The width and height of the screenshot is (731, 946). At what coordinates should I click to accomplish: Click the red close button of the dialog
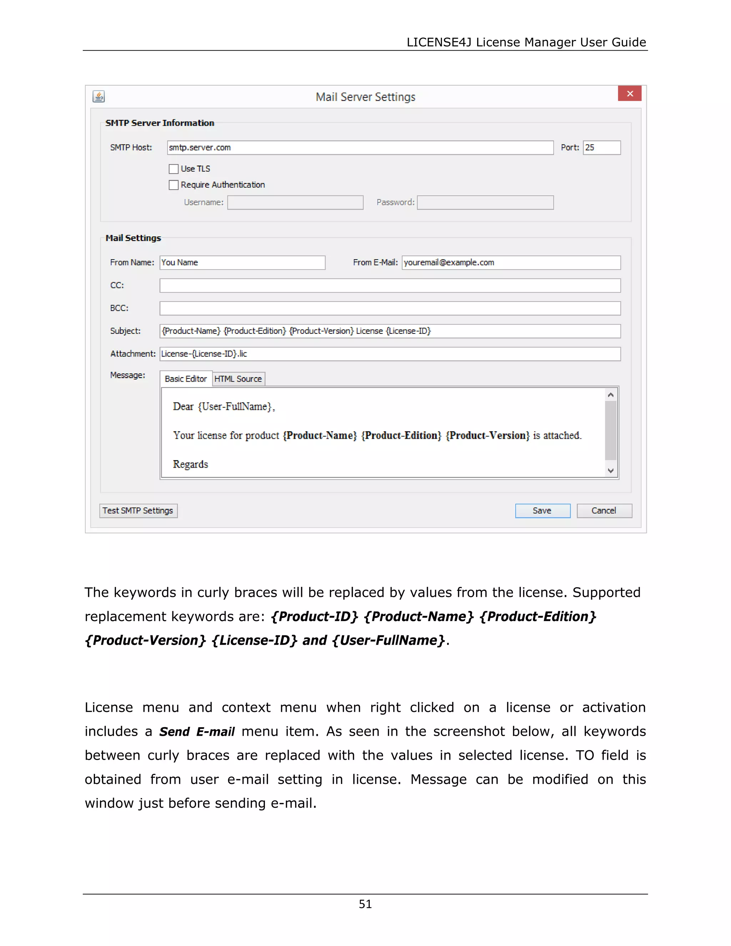(x=629, y=94)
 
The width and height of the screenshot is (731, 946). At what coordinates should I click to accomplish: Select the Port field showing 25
(x=601, y=148)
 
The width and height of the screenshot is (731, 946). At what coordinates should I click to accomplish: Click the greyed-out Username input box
(x=295, y=203)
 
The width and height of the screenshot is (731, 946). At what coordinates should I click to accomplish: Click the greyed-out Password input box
(x=485, y=203)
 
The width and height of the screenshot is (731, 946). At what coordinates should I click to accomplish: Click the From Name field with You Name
(x=242, y=262)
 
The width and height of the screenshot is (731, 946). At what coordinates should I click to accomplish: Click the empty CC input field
(x=390, y=286)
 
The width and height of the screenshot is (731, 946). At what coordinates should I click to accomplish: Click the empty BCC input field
(x=390, y=308)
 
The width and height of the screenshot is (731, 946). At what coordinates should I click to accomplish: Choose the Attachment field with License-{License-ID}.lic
(x=390, y=354)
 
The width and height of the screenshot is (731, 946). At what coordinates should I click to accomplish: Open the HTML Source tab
(x=238, y=379)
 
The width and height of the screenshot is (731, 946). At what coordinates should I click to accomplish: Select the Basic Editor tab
(x=186, y=379)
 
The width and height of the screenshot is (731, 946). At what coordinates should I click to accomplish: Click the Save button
(x=542, y=511)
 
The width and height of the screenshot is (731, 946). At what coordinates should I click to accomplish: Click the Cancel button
(x=604, y=511)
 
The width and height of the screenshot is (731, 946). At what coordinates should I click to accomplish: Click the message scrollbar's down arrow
(x=611, y=471)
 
